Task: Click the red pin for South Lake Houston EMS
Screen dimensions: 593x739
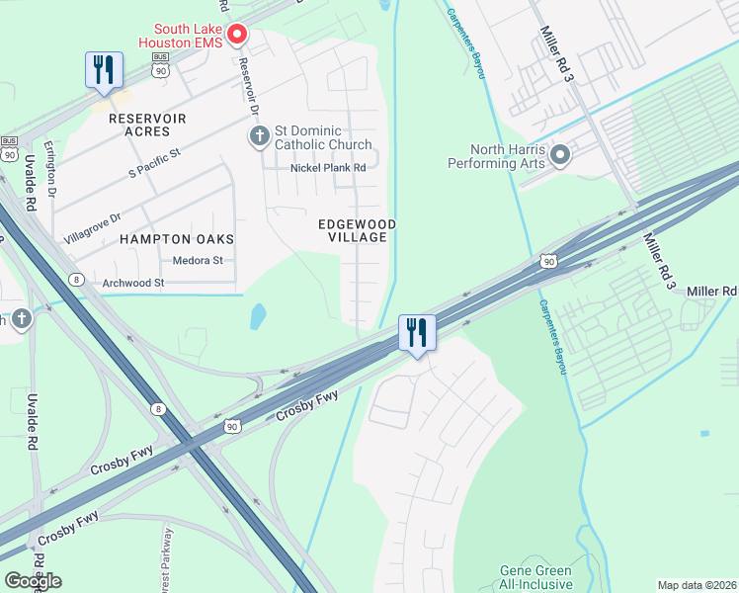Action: (237, 36)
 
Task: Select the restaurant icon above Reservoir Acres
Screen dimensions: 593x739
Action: (104, 70)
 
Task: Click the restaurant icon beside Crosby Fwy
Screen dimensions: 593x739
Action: (417, 333)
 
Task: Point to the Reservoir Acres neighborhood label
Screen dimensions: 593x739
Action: (147, 118)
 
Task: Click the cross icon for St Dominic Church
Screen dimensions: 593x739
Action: (259, 136)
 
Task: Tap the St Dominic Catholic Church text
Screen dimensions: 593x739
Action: (323, 138)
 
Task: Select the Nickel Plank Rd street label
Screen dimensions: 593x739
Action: (328, 168)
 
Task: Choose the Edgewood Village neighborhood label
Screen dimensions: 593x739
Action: (358, 231)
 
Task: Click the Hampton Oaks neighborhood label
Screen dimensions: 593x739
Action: (177, 239)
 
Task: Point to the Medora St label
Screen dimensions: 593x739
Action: (198, 261)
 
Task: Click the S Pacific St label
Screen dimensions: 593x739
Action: (156, 164)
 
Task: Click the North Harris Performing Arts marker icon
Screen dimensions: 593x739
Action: (560, 155)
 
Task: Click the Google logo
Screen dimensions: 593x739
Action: (33, 581)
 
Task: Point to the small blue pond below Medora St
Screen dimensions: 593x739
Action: (258, 316)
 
